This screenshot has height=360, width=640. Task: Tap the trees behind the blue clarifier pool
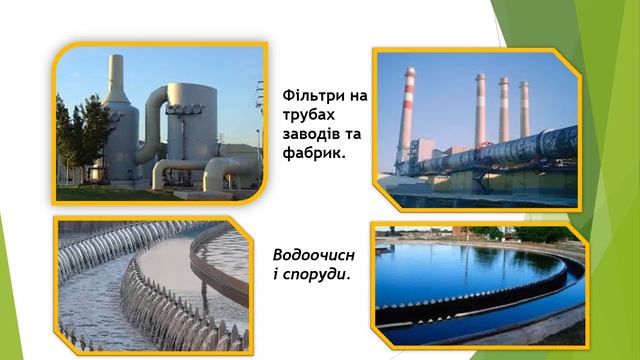540,234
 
